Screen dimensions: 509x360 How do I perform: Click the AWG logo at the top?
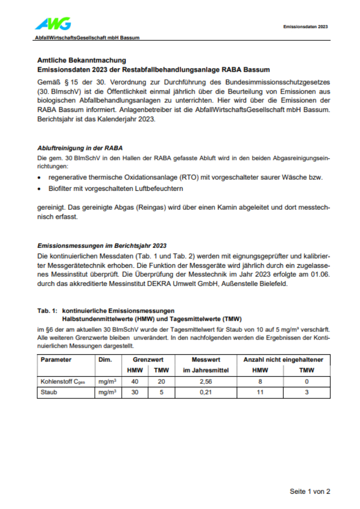[x=53, y=23]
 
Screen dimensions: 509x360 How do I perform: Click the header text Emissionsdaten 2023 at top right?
[x=305, y=26]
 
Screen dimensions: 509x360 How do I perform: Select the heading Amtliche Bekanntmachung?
[x=81, y=60]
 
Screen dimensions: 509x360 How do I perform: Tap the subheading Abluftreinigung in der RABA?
[x=80, y=148]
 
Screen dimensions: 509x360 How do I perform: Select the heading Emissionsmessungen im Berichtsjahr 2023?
[x=102, y=245]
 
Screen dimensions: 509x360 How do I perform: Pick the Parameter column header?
[x=56, y=359]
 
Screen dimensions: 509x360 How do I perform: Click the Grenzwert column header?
[x=147, y=359]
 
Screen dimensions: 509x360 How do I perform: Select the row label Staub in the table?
[x=49, y=392]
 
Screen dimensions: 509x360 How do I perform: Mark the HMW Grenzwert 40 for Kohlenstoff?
[x=134, y=381]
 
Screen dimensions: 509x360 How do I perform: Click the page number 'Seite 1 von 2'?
[x=310, y=491]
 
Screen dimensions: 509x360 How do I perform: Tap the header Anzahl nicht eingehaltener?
[x=283, y=359]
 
